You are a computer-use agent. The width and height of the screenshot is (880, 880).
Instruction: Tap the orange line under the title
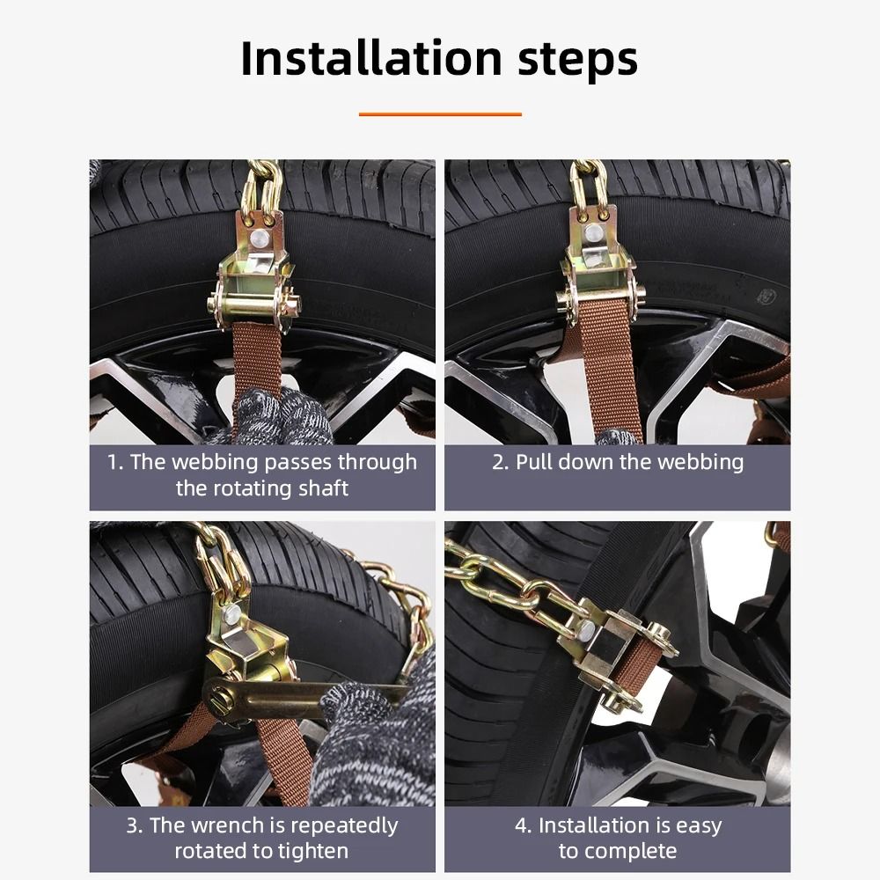[x=440, y=114]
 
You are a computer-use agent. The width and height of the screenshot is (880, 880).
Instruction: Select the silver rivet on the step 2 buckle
[x=595, y=232]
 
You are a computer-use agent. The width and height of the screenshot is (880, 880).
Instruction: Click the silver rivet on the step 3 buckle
[x=231, y=613]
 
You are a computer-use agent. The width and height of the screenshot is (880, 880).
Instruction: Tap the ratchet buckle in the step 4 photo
[x=616, y=651]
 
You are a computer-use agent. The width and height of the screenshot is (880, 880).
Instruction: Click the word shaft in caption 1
[x=323, y=488]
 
